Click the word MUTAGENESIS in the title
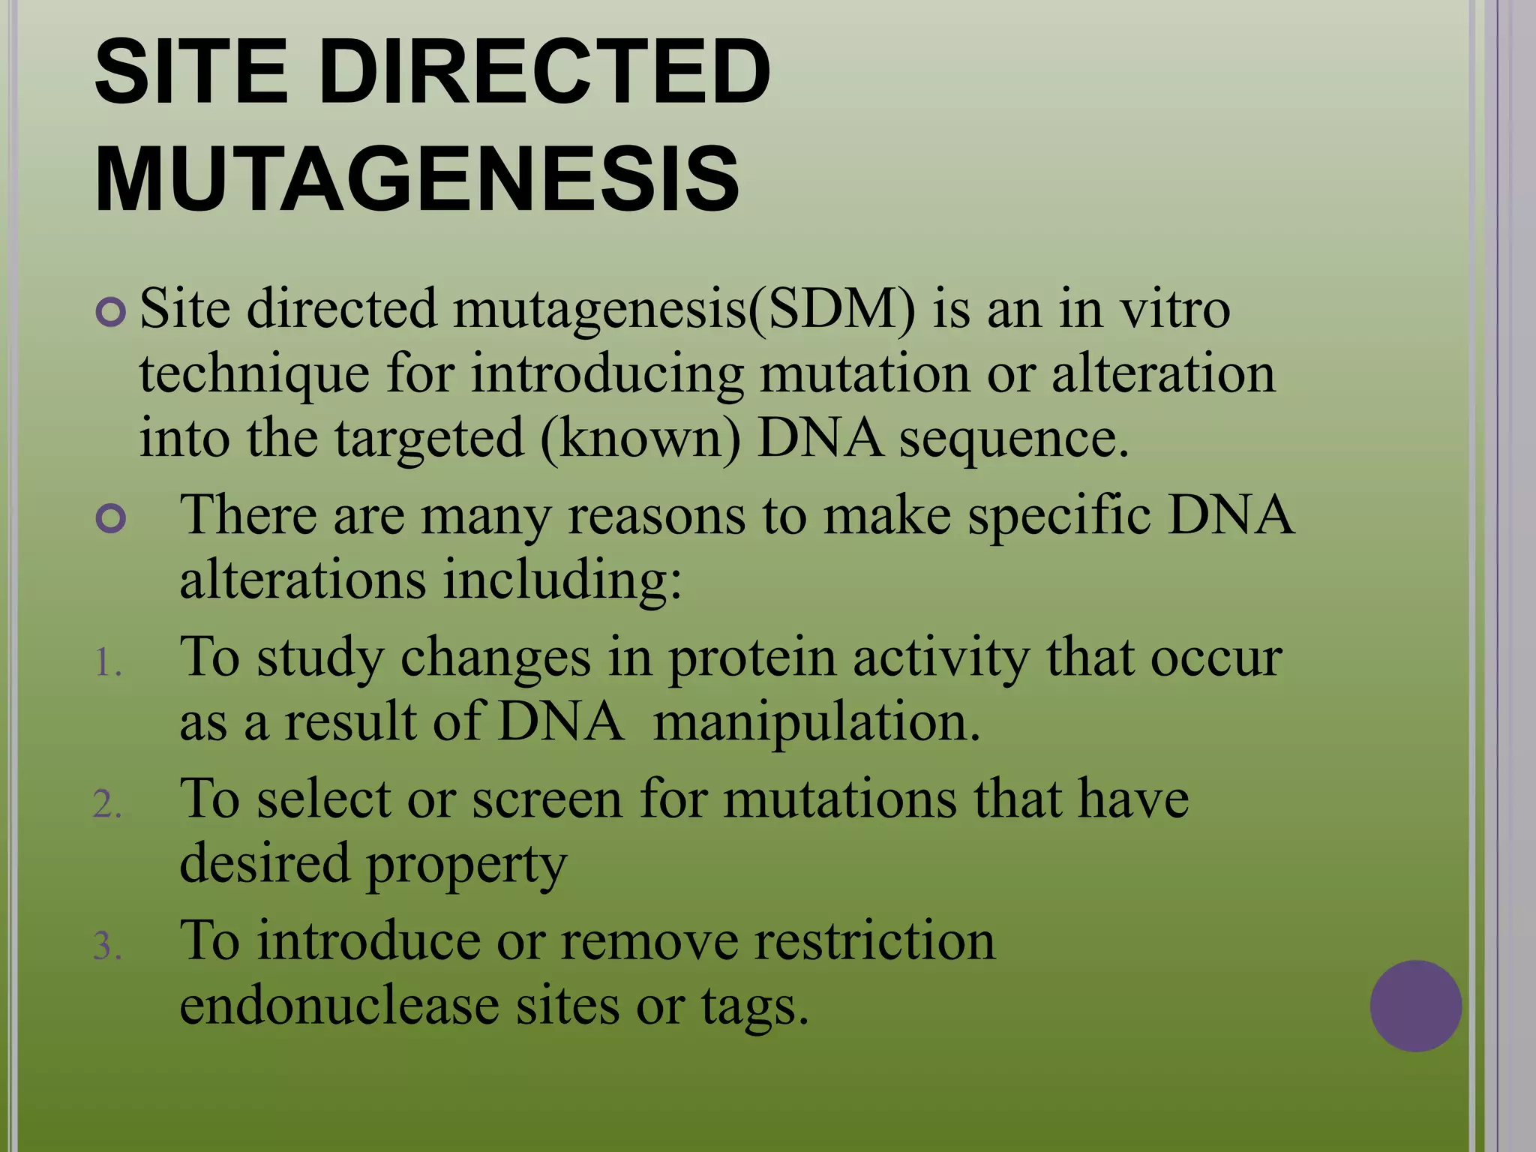pos(417,180)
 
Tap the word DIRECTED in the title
pos(546,73)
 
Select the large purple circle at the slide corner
pos(1415,1006)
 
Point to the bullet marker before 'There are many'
pos(111,519)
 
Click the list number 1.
pos(107,664)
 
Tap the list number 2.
pos(107,805)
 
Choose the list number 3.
pos(107,946)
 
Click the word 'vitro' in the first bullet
pos(1174,309)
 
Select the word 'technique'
pos(253,375)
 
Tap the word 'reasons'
pos(656,517)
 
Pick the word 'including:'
pos(562,582)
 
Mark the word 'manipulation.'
pos(817,723)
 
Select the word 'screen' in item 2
pos(547,799)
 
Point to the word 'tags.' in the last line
pos(755,1007)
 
